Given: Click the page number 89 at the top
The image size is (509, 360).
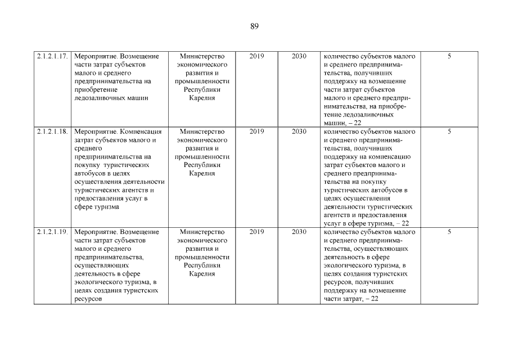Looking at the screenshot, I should click(x=254, y=26).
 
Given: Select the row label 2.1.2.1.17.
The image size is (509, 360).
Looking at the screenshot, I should click(x=52, y=56).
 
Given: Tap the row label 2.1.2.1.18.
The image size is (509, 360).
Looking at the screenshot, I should click(x=52, y=132).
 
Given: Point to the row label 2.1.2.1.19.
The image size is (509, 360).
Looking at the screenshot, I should click(x=52, y=232).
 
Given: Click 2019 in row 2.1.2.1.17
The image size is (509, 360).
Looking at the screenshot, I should click(x=256, y=56).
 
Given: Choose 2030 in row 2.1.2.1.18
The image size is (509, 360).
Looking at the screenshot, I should click(x=299, y=132).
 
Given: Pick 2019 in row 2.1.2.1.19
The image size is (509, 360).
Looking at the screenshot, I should click(x=256, y=232).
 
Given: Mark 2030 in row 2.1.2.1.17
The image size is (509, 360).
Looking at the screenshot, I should click(x=299, y=56).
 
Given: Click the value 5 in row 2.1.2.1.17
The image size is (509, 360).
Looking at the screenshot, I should click(x=449, y=56).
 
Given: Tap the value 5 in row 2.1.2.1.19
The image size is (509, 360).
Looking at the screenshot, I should click(x=449, y=232).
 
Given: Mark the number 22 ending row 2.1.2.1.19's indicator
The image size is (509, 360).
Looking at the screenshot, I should click(x=374, y=299).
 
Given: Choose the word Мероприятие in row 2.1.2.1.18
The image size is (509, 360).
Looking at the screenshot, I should click(x=94, y=132).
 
